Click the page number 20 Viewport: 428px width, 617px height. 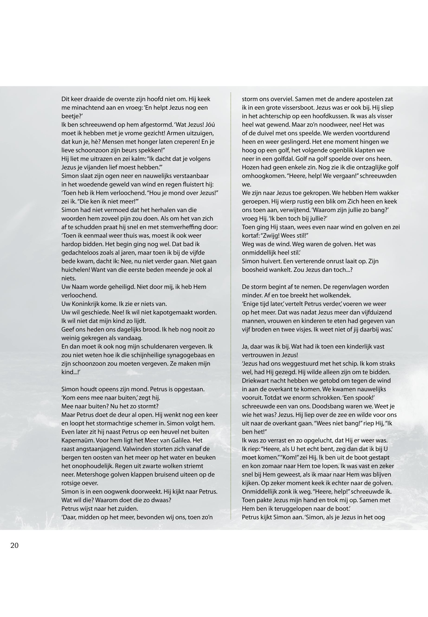pos(14,545)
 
